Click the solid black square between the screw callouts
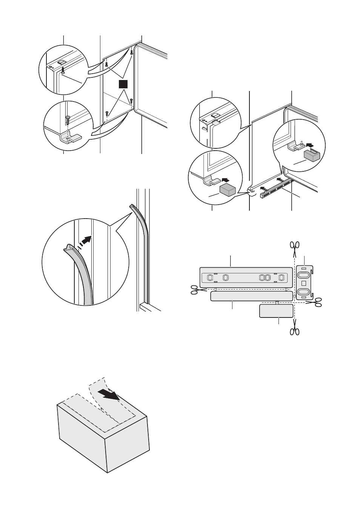click(x=122, y=84)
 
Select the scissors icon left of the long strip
click(x=195, y=290)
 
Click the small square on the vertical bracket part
click(x=304, y=283)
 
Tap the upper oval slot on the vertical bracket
click(x=305, y=273)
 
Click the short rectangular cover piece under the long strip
click(x=276, y=311)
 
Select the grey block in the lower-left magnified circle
click(x=228, y=189)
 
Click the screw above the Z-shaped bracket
click(x=68, y=119)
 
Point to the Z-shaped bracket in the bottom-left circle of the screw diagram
click(x=70, y=139)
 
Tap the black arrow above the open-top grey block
click(x=310, y=144)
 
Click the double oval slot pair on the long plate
click(x=264, y=278)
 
